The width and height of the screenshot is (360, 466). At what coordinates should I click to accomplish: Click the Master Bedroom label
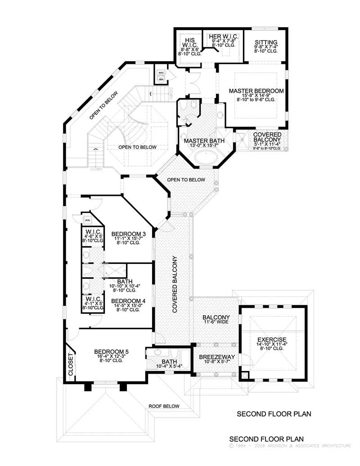click(256, 91)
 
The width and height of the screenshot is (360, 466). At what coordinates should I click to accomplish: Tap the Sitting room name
click(263, 41)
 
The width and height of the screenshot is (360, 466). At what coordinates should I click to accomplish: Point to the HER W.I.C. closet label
click(220, 36)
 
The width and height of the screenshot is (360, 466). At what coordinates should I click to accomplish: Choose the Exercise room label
click(271, 339)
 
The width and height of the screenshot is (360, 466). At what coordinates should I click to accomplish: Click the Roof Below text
click(164, 406)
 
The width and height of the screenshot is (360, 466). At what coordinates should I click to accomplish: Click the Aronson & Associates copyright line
click(290, 446)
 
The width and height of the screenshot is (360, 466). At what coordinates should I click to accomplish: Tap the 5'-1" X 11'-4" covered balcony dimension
click(267, 145)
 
